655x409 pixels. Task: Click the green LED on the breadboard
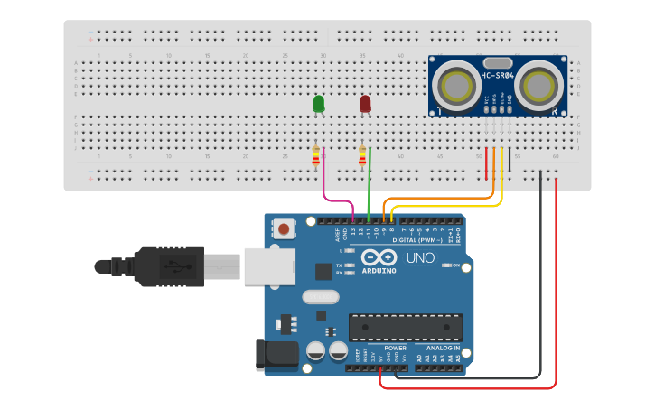tap(319, 104)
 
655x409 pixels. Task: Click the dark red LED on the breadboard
tap(365, 104)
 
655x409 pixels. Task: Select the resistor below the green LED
tap(315, 157)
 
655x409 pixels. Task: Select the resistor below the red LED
tap(362, 157)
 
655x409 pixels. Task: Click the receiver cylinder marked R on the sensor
tap(540, 86)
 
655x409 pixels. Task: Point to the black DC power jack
tap(276, 354)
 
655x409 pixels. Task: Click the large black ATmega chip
tap(406, 328)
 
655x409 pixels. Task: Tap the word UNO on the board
tap(421, 258)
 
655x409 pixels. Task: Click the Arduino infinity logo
tap(379, 257)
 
